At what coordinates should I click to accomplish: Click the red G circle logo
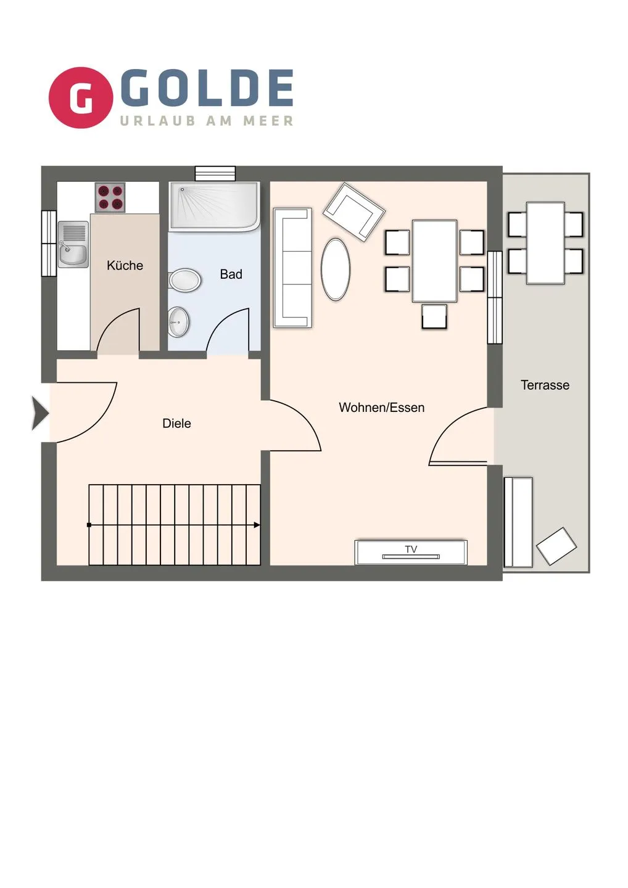click(x=80, y=97)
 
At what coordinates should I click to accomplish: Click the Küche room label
click(x=125, y=265)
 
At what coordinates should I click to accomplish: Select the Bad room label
click(x=231, y=274)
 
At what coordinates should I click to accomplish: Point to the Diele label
click(x=177, y=424)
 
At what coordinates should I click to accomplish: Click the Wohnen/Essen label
click(x=381, y=408)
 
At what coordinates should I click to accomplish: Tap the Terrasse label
click(x=545, y=385)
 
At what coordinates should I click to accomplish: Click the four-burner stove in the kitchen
click(x=110, y=197)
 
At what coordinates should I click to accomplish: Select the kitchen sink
click(x=73, y=244)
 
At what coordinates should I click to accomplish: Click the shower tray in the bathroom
click(x=215, y=207)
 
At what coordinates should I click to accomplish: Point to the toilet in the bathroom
click(x=184, y=280)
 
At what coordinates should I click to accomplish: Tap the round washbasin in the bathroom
click(x=179, y=322)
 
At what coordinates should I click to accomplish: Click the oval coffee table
click(x=336, y=269)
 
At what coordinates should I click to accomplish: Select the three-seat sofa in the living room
click(x=292, y=268)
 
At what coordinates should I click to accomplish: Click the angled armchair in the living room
click(x=353, y=213)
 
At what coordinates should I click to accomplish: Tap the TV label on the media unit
click(x=411, y=549)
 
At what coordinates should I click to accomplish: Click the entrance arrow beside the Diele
click(x=40, y=413)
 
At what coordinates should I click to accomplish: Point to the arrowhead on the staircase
click(x=257, y=525)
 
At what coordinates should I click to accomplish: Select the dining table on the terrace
click(x=545, y=243)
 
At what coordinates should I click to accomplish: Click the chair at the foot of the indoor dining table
click(x=434, y=316)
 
